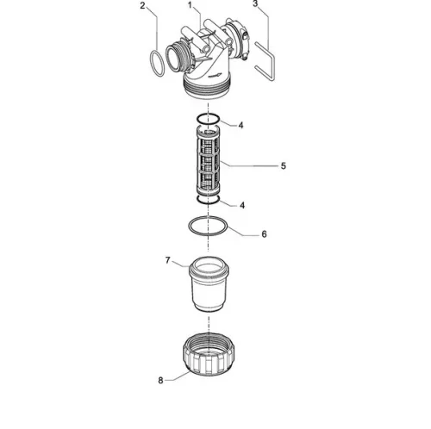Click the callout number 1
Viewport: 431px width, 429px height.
[x=190, y=5]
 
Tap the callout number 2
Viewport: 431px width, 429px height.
[x=142, y=5]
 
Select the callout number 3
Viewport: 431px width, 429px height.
[x=255, y=4]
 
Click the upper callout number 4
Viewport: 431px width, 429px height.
[x=240, y=125]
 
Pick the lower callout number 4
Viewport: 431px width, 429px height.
[x=242, y=205]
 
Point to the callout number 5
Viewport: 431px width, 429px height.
[x=284, y=166]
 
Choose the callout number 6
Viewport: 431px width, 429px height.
[x=264, y=234]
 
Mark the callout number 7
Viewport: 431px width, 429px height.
[x=168, y=260]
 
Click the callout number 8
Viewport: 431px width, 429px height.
[x=160, y=381]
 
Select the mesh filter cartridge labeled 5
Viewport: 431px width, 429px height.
[x=208, y=162]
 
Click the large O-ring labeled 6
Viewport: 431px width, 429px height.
[x=190, y=227]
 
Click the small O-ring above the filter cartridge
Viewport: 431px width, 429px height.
[x=198, y=119]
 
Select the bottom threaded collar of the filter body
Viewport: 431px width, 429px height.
[x=207, y=88]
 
